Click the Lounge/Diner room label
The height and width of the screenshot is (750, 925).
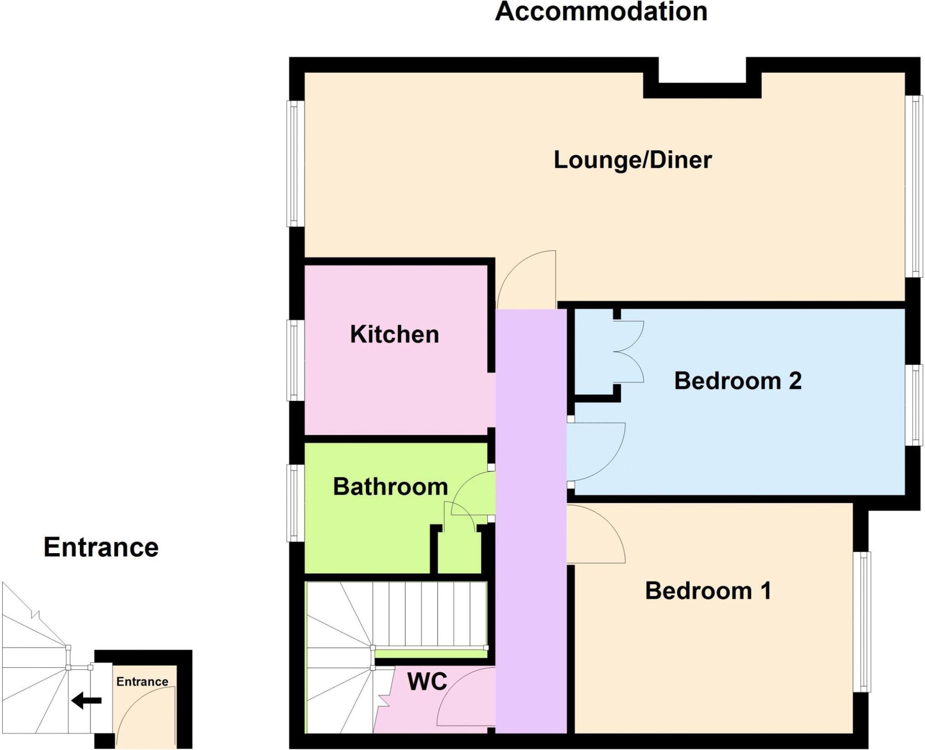[x=633, y=160]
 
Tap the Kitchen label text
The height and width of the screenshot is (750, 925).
[x=395, y=334]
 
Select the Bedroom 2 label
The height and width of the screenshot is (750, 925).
[x=738, y=381]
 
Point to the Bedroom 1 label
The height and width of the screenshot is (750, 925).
[x=708, y=591]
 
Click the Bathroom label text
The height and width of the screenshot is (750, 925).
[x=391, y=486]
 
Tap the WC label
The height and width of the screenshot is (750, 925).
[x=427, y=682]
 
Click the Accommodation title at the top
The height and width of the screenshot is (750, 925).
[x=601, y=11]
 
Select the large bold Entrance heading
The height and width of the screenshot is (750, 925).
[x=101, y=547]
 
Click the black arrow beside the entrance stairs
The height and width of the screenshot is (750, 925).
[x=86, y=700]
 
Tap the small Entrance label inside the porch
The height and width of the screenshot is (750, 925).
[x=142, y=681]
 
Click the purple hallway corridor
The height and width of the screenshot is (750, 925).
[x=531, y=521]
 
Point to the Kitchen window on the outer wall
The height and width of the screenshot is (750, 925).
[x=295, y=360]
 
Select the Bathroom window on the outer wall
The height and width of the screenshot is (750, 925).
[x=295, y=503]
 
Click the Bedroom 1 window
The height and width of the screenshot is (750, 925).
[x=862, y=622]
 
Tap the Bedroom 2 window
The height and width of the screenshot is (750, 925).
[x=914, y=405]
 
